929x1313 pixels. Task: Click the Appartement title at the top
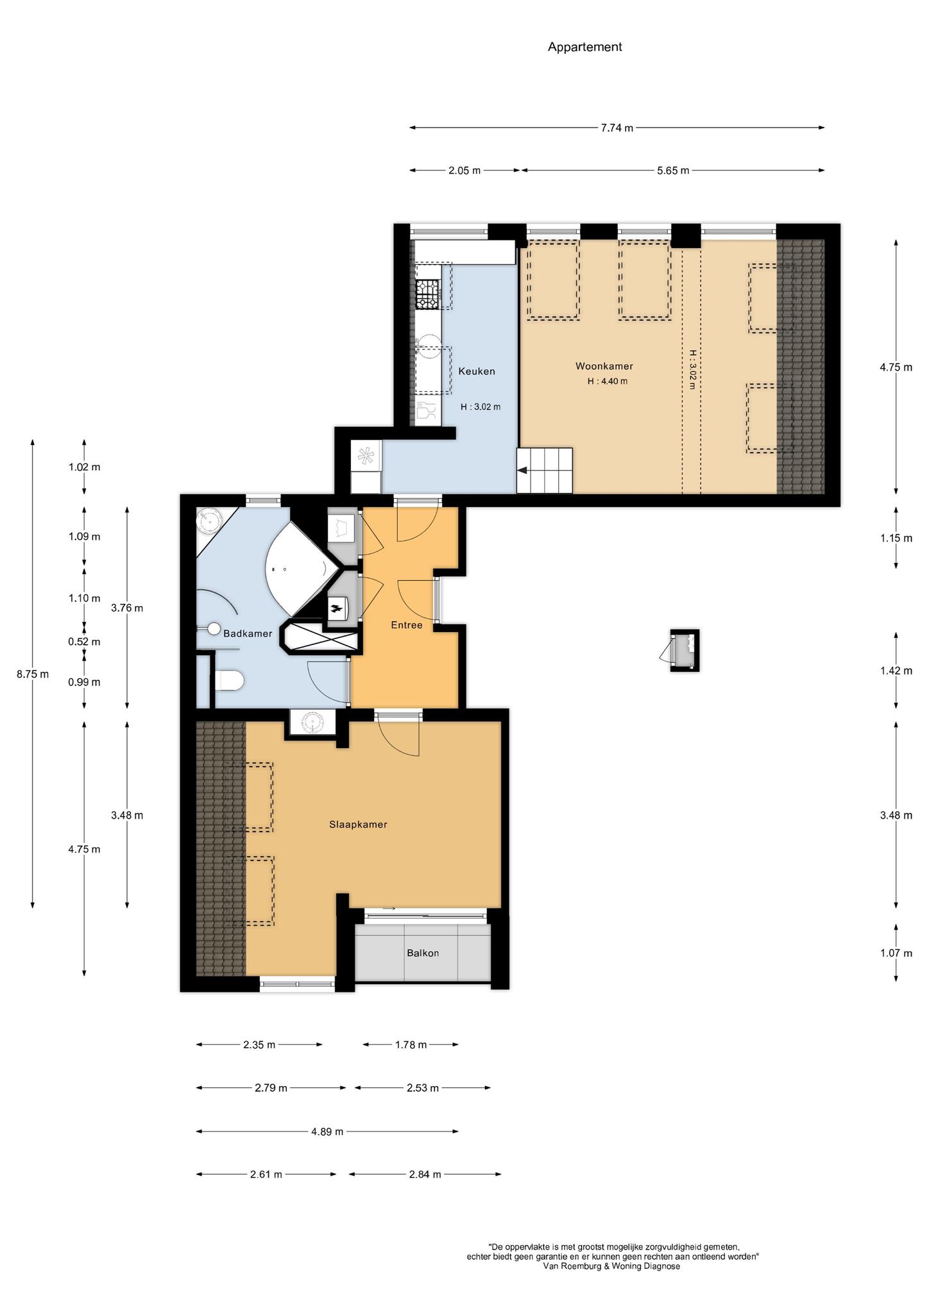(x=584, y=47)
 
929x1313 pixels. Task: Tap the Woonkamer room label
(x=604, y=366)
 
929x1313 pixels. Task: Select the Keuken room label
(x=476, y=371)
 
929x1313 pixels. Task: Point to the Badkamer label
(x=248, y=633)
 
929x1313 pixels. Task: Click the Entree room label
(x=407, y=624)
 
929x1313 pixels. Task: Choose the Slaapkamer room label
(x=358, y=824)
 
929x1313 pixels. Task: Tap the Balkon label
(x=423, y=953)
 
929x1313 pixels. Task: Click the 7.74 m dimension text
(x=617, y=128)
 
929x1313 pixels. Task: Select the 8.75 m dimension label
(x=33, y=674)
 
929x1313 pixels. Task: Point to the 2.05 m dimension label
(x=464, y=171)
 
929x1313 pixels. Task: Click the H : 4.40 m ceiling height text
(x=607, y=381)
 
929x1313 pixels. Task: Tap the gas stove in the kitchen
(x=428, y=295)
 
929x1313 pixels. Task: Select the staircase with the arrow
(x=545, y=471)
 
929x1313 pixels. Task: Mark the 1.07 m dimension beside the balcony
(x=896, y=953)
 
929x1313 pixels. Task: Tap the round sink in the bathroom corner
(x=209, y=520)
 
